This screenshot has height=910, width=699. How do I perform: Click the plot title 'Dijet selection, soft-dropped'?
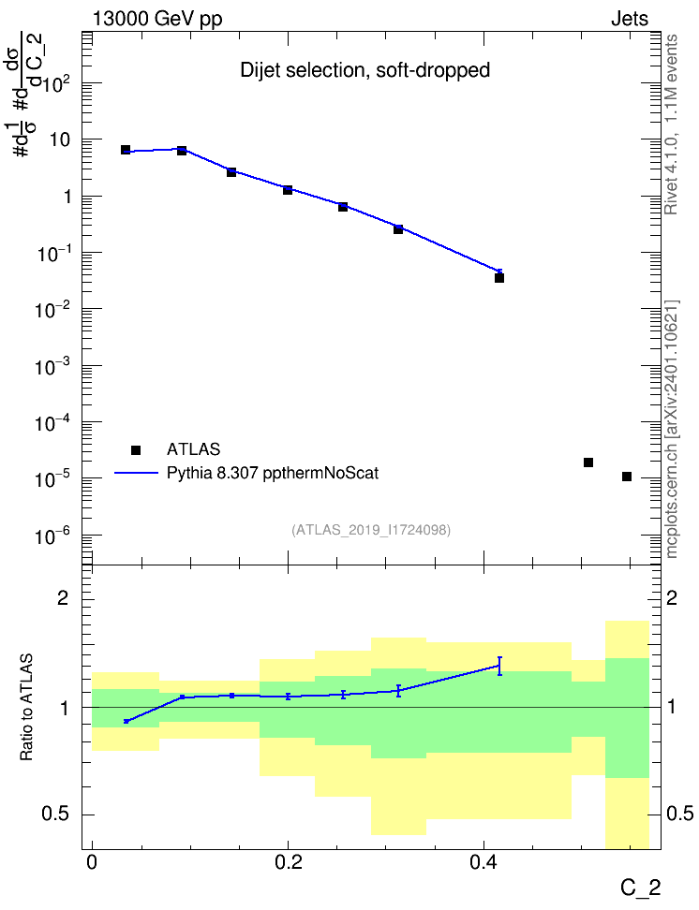[364, 70]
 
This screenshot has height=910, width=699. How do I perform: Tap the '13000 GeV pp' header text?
[157, 19]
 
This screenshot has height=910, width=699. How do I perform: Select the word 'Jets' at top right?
[630, 19]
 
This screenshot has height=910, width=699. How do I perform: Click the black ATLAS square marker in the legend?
[136, 449]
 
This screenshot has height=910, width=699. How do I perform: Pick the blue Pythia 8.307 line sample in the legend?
[136, 473]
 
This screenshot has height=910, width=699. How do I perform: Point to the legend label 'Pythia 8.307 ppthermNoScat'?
[273, 473]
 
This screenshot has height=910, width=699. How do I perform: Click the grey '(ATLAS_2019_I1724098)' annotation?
[371, 530]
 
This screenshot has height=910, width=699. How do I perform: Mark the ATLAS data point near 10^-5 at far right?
[626, 477]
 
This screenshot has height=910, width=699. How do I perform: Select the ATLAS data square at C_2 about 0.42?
[499, 278]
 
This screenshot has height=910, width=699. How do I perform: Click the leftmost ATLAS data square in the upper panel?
[126, 150]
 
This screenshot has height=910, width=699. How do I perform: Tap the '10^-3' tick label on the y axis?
[52, 366]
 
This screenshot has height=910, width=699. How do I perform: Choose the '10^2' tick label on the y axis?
[56, 85]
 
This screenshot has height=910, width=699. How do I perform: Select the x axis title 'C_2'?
[640, 888]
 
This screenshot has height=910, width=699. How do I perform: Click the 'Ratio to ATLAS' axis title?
[26, 707]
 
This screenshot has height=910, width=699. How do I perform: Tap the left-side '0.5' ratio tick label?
[56, 815]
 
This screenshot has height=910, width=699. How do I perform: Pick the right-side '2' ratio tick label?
[672, 597]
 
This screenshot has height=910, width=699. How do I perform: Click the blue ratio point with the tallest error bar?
[499, 666]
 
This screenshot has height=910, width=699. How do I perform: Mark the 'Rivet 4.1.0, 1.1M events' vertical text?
[671, 125]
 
